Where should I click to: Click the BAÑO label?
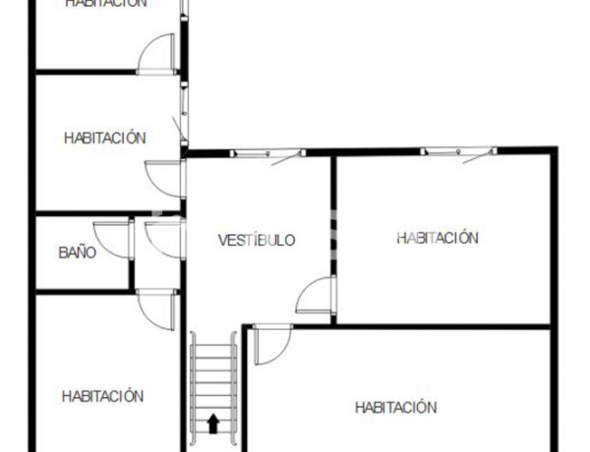pyautogui.click(x=77, y=253)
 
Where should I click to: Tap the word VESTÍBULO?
pyautogui.click(x=256, y=240)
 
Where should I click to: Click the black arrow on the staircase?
pyautogui.click(x=213, y=424)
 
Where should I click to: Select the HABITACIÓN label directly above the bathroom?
pyautogui.click(x=104, y=138)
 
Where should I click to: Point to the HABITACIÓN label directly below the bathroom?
pyautogui.click(x=102, y=396)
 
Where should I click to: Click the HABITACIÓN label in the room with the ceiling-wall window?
pyautogui.click(x=438, y=238)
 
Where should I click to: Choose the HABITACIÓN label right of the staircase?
pyautogui.click(x=395, y=407)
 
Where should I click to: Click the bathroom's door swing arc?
pyautogui.click(x=117, y=239)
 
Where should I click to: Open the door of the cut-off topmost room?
pyautogui.click(x=156, y=55)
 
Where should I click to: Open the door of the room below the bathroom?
pyautogui.click(x=157, y=310)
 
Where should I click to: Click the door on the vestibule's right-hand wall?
pyautogui.click(x=318, y=297)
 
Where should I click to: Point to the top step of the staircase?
pyautogui.click(x=213, y=338)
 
